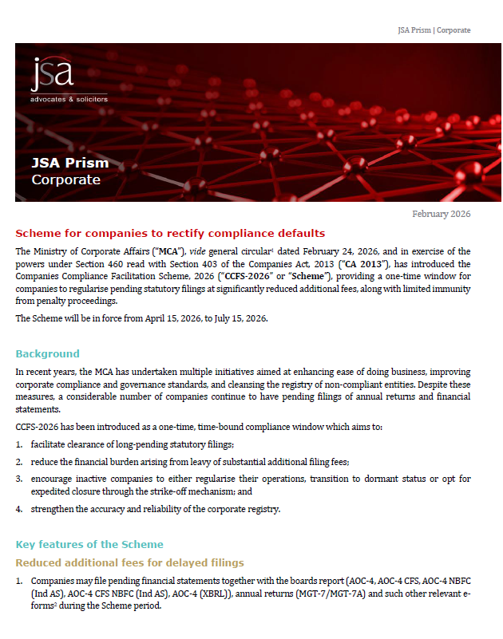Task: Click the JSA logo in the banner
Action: pos(52,73)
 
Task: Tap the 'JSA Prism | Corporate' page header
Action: pos(434,30)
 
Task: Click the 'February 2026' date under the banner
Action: pos(441,214)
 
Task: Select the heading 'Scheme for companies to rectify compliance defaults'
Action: pos(170,234)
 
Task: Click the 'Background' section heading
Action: pos(48,353)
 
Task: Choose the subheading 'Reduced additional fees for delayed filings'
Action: pos(129,562)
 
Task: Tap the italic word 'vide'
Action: pos(188,251)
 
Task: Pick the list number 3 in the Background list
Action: pos(18,479)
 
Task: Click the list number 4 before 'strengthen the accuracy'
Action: pos(18,508)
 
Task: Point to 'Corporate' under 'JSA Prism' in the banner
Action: pos(65,179)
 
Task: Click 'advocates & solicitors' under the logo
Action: pos(69,99)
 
